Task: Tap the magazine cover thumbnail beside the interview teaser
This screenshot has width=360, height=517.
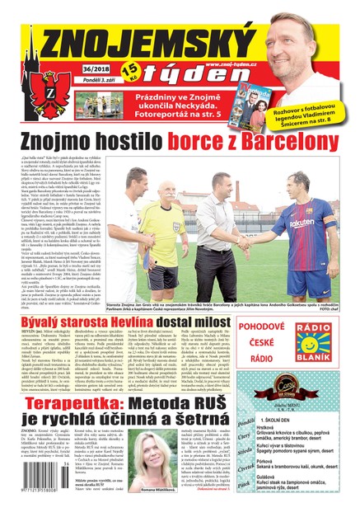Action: (x=250, y=92)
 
